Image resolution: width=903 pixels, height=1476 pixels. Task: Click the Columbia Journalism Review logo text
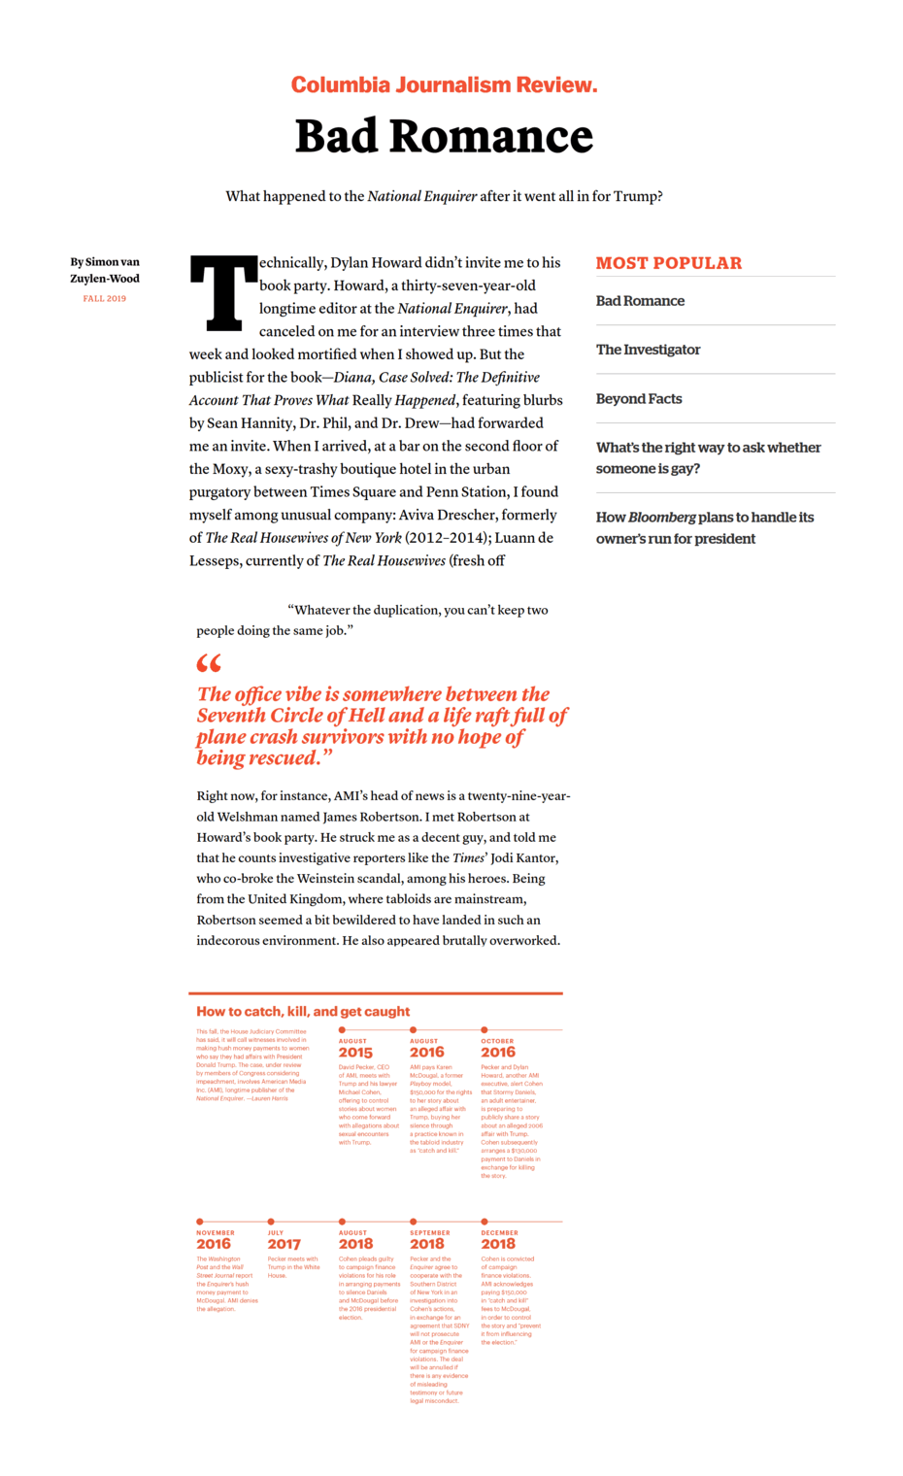click(444, 85)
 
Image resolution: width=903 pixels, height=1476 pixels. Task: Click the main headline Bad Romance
click(444, 136)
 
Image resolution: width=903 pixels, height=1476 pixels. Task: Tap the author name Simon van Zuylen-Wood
click(105, 270)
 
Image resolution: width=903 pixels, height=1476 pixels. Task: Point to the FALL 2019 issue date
click(105, 299)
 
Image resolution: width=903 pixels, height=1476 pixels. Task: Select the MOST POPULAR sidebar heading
click(668, 263)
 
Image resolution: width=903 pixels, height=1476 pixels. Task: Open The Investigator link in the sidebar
click(648, 350)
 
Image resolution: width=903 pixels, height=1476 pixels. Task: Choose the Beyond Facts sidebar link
click(639, 399)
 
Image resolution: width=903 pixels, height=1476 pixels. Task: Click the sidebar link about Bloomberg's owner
click(704, 528)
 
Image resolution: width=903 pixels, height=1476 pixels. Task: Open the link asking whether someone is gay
click(708, 458)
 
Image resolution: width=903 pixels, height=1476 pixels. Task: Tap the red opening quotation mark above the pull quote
click(209, 664)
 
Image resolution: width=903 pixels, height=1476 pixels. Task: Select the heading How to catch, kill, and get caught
click(303, 1012)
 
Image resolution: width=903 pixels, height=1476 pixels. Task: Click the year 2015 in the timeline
click(355, 1053)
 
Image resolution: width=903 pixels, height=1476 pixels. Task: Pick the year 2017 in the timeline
click(284, 1244)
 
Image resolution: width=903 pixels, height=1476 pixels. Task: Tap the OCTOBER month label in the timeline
click(497, 1041)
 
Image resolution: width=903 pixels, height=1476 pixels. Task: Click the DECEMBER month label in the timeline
click(499, 1233)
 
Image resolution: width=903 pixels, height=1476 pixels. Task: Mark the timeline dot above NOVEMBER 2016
click(200, 1222)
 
